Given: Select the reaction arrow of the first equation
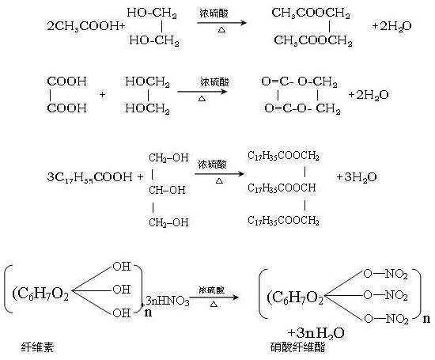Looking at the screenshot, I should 218,25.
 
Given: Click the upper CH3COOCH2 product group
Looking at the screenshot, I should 301,13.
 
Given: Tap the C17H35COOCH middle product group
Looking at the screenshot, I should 282,188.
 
